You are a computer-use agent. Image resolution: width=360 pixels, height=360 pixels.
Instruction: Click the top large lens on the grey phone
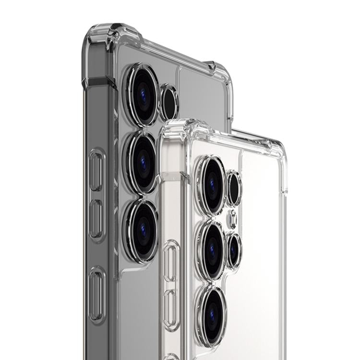[x=142, y=95]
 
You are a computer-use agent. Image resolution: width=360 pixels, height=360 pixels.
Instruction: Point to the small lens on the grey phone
[x=168, y=102]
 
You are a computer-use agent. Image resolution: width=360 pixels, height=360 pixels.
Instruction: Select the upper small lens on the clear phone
[x=234, y=189]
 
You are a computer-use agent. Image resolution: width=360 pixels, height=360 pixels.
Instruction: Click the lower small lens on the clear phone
[x=234, y=249]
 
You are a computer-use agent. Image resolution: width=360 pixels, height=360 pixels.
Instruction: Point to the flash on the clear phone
[x=232, y=219]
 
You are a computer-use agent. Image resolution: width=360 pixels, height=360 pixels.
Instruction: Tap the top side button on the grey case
[x=96, y=170]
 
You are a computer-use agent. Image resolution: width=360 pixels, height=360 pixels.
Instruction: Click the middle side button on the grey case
[x=96, y=218]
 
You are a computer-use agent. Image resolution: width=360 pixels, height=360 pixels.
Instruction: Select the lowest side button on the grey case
[x=96, y=294]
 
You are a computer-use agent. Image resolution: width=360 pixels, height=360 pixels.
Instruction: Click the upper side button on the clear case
[x=170, y=262]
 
